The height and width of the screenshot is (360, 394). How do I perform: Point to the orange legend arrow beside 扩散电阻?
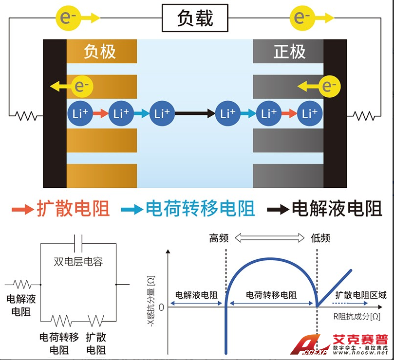point(21,209)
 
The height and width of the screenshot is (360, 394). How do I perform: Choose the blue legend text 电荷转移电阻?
point(200,209)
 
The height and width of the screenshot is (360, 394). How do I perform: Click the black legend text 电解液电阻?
point(337,209)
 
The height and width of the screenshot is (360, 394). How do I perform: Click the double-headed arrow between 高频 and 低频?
point(271,238)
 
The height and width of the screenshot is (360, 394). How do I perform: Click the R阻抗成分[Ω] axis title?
point(356,317)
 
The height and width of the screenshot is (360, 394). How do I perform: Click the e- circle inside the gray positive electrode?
point(330,87)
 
